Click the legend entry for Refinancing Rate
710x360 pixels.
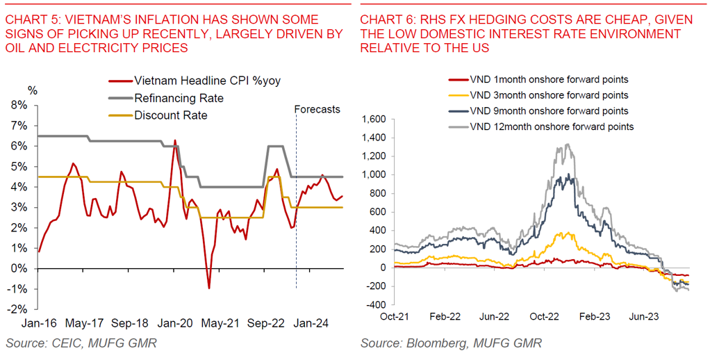(179, 98)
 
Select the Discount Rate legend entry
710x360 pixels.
(171, 115)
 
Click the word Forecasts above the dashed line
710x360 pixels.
(317, 109)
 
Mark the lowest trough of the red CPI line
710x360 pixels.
(208, 288)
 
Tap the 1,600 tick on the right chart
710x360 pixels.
(374, 120)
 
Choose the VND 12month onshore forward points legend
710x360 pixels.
(552, 126)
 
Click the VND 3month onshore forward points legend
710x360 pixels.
(549, 95)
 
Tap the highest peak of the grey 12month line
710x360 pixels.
(568, 144)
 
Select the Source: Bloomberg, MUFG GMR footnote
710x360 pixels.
(451, 343)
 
